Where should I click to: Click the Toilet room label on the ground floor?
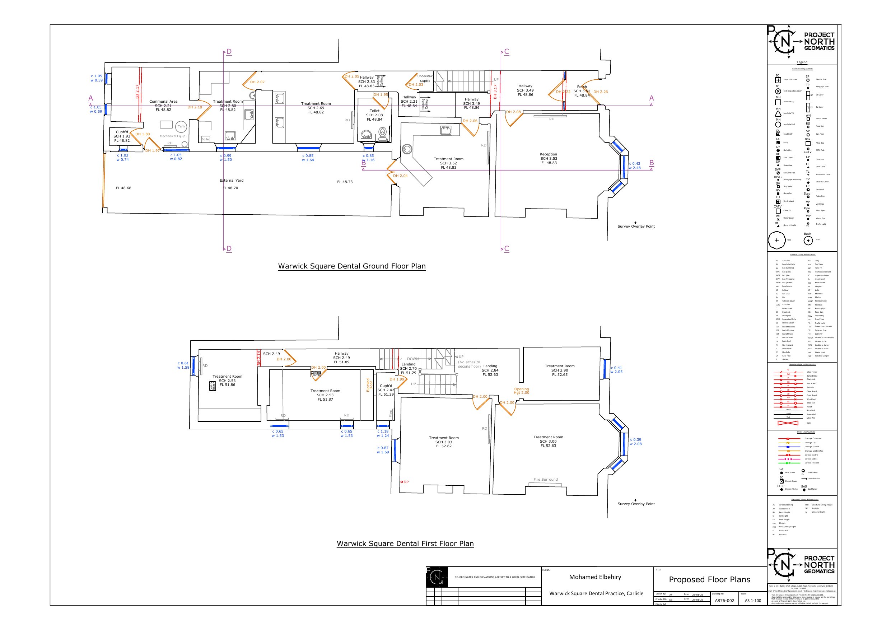pyautogui.click(x=374, y=111)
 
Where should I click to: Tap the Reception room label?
pyautogui.click(x=548, y=154)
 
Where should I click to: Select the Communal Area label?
pyautogui.click(x=163, y=102)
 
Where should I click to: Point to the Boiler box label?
pyautogui.click(x=206, y=139)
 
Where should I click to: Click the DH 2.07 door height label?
pyautogui.click(x=257, y=82)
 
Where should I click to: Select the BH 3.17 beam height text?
pyautogui.click(x=495, y=92)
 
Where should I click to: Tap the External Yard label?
pyautogui.click(x=231, y=181)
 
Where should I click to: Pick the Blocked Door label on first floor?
pyautogui.click(x=369, y=386)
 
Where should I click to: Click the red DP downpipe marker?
pyautogui.click(x=402, y=482)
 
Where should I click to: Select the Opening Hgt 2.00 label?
pyautogui.click(x=521, y=391)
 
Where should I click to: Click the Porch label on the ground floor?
pyautogui.click(x=582, y=87)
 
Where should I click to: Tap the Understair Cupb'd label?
pyautogui.click(x=425, y=78)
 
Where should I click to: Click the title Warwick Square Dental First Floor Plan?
pyautogui.click(x=405, y=544)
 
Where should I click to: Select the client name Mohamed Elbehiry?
pyautogui.click(x=595, y=577)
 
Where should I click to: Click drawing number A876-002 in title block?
pyautogui.click(x=724, y=601)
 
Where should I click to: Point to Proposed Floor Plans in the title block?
pyautogui.click(x=709, y=579)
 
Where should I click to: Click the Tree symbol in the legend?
pyautogui.click(x=776, y=240)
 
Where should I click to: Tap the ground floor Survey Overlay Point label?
pyautogui.click(x=636, y=226)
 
